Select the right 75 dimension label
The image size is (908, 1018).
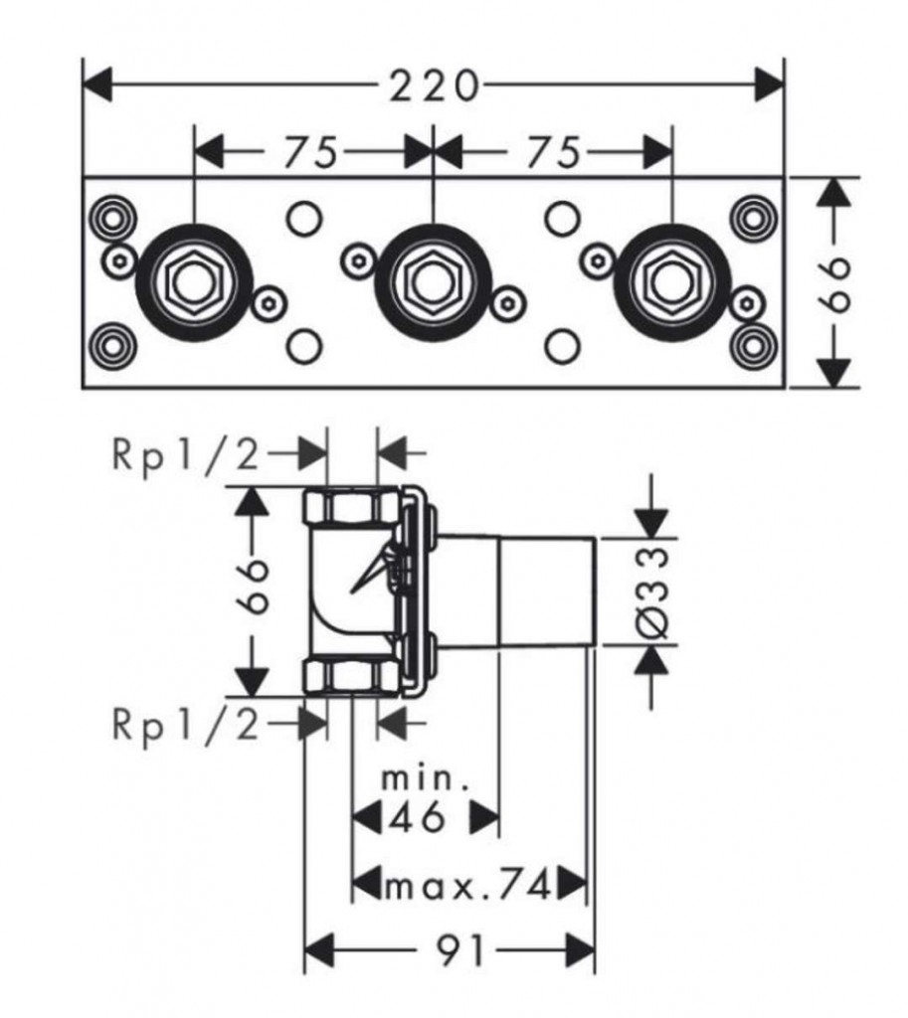552,152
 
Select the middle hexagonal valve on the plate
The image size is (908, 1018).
433,282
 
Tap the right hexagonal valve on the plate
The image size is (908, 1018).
672,282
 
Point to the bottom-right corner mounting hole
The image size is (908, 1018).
754,346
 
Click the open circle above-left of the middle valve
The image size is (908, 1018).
304,219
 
